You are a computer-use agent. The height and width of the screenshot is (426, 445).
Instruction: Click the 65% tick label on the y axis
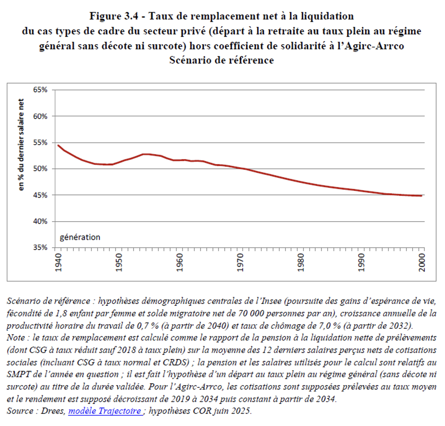(x=40, y=90)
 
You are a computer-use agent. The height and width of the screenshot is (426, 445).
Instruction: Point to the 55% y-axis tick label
(x=40, y=143)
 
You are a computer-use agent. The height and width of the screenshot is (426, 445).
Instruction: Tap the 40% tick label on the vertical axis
(x=40, y=221)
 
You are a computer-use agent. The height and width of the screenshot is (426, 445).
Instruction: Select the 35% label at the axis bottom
(x=40, y=248)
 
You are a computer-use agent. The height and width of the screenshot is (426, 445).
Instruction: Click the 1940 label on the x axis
(x=58, y=262)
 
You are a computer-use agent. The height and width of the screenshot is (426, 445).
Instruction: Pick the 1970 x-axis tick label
(x=240, y=262)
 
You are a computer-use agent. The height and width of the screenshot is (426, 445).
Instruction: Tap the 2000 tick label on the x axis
(x=422, y=262)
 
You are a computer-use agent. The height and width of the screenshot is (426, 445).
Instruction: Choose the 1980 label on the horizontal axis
(x=301, y=262)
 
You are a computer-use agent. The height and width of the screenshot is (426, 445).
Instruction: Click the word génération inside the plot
(x=80, y=237)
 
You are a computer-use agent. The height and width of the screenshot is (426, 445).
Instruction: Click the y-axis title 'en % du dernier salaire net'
(x=21, y=145)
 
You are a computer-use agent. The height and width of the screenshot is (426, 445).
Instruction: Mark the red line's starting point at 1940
(x=58, y=145)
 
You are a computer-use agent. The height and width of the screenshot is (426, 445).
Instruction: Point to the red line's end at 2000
(x=422, y=196)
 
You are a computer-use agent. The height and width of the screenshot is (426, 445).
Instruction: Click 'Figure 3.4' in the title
(x=113, y=16)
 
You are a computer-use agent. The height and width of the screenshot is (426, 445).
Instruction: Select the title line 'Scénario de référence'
(x=222, y=60)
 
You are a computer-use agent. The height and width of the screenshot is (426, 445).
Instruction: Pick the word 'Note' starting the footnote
(x=16, y=337)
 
